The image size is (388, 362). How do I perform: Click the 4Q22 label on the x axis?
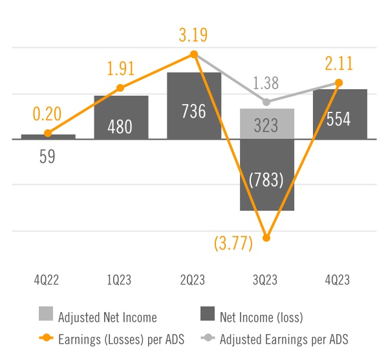48,280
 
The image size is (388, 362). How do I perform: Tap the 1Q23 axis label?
121,280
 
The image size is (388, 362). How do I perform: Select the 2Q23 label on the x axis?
194,280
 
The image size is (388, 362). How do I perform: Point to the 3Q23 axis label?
266,280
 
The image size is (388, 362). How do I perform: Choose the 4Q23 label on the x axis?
339,280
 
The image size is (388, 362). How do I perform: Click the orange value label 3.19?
193,34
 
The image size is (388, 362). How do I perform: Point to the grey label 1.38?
266,83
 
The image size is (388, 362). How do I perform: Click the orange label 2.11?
339,63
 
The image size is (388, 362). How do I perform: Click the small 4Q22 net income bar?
48,136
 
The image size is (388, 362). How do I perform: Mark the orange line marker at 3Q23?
266,238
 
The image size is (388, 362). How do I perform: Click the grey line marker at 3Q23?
266,101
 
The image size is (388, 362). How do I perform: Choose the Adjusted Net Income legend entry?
97,317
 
